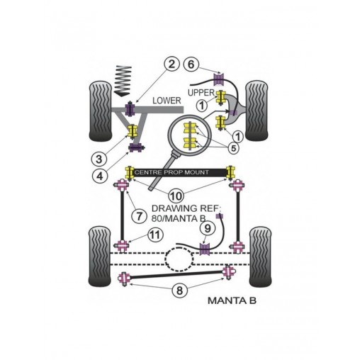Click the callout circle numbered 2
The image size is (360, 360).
171,64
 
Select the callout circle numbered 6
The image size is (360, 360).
191,64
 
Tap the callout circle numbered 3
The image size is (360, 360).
99,159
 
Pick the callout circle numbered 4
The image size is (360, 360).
100,176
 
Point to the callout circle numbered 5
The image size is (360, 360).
233,148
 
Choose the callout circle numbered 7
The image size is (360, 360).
139,216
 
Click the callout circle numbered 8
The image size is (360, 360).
179,291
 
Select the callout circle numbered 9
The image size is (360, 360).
207,229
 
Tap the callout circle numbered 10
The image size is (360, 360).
176,196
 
